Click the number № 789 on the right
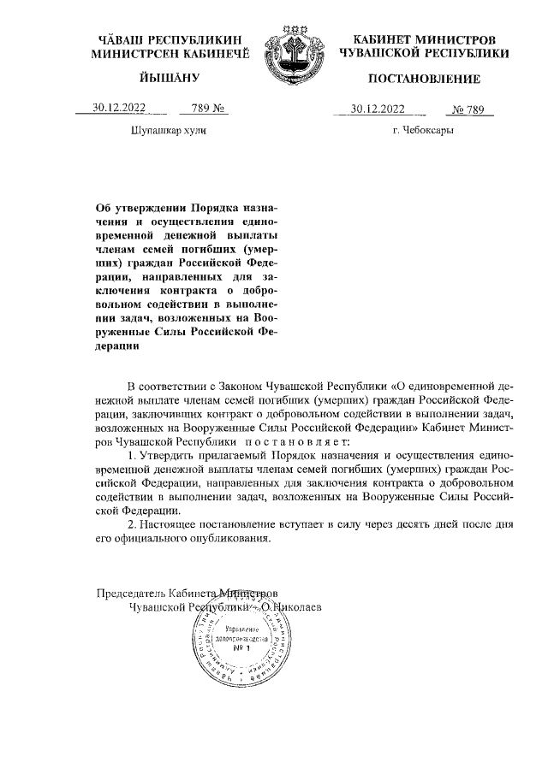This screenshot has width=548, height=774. [x=470, y=109]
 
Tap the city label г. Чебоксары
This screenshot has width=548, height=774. [x=422, y=131]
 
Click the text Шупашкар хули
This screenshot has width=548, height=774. [x=167, y=131]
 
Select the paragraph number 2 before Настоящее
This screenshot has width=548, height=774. [x=130, y=523]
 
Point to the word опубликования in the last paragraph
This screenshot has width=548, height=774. [x=229, y=539]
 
